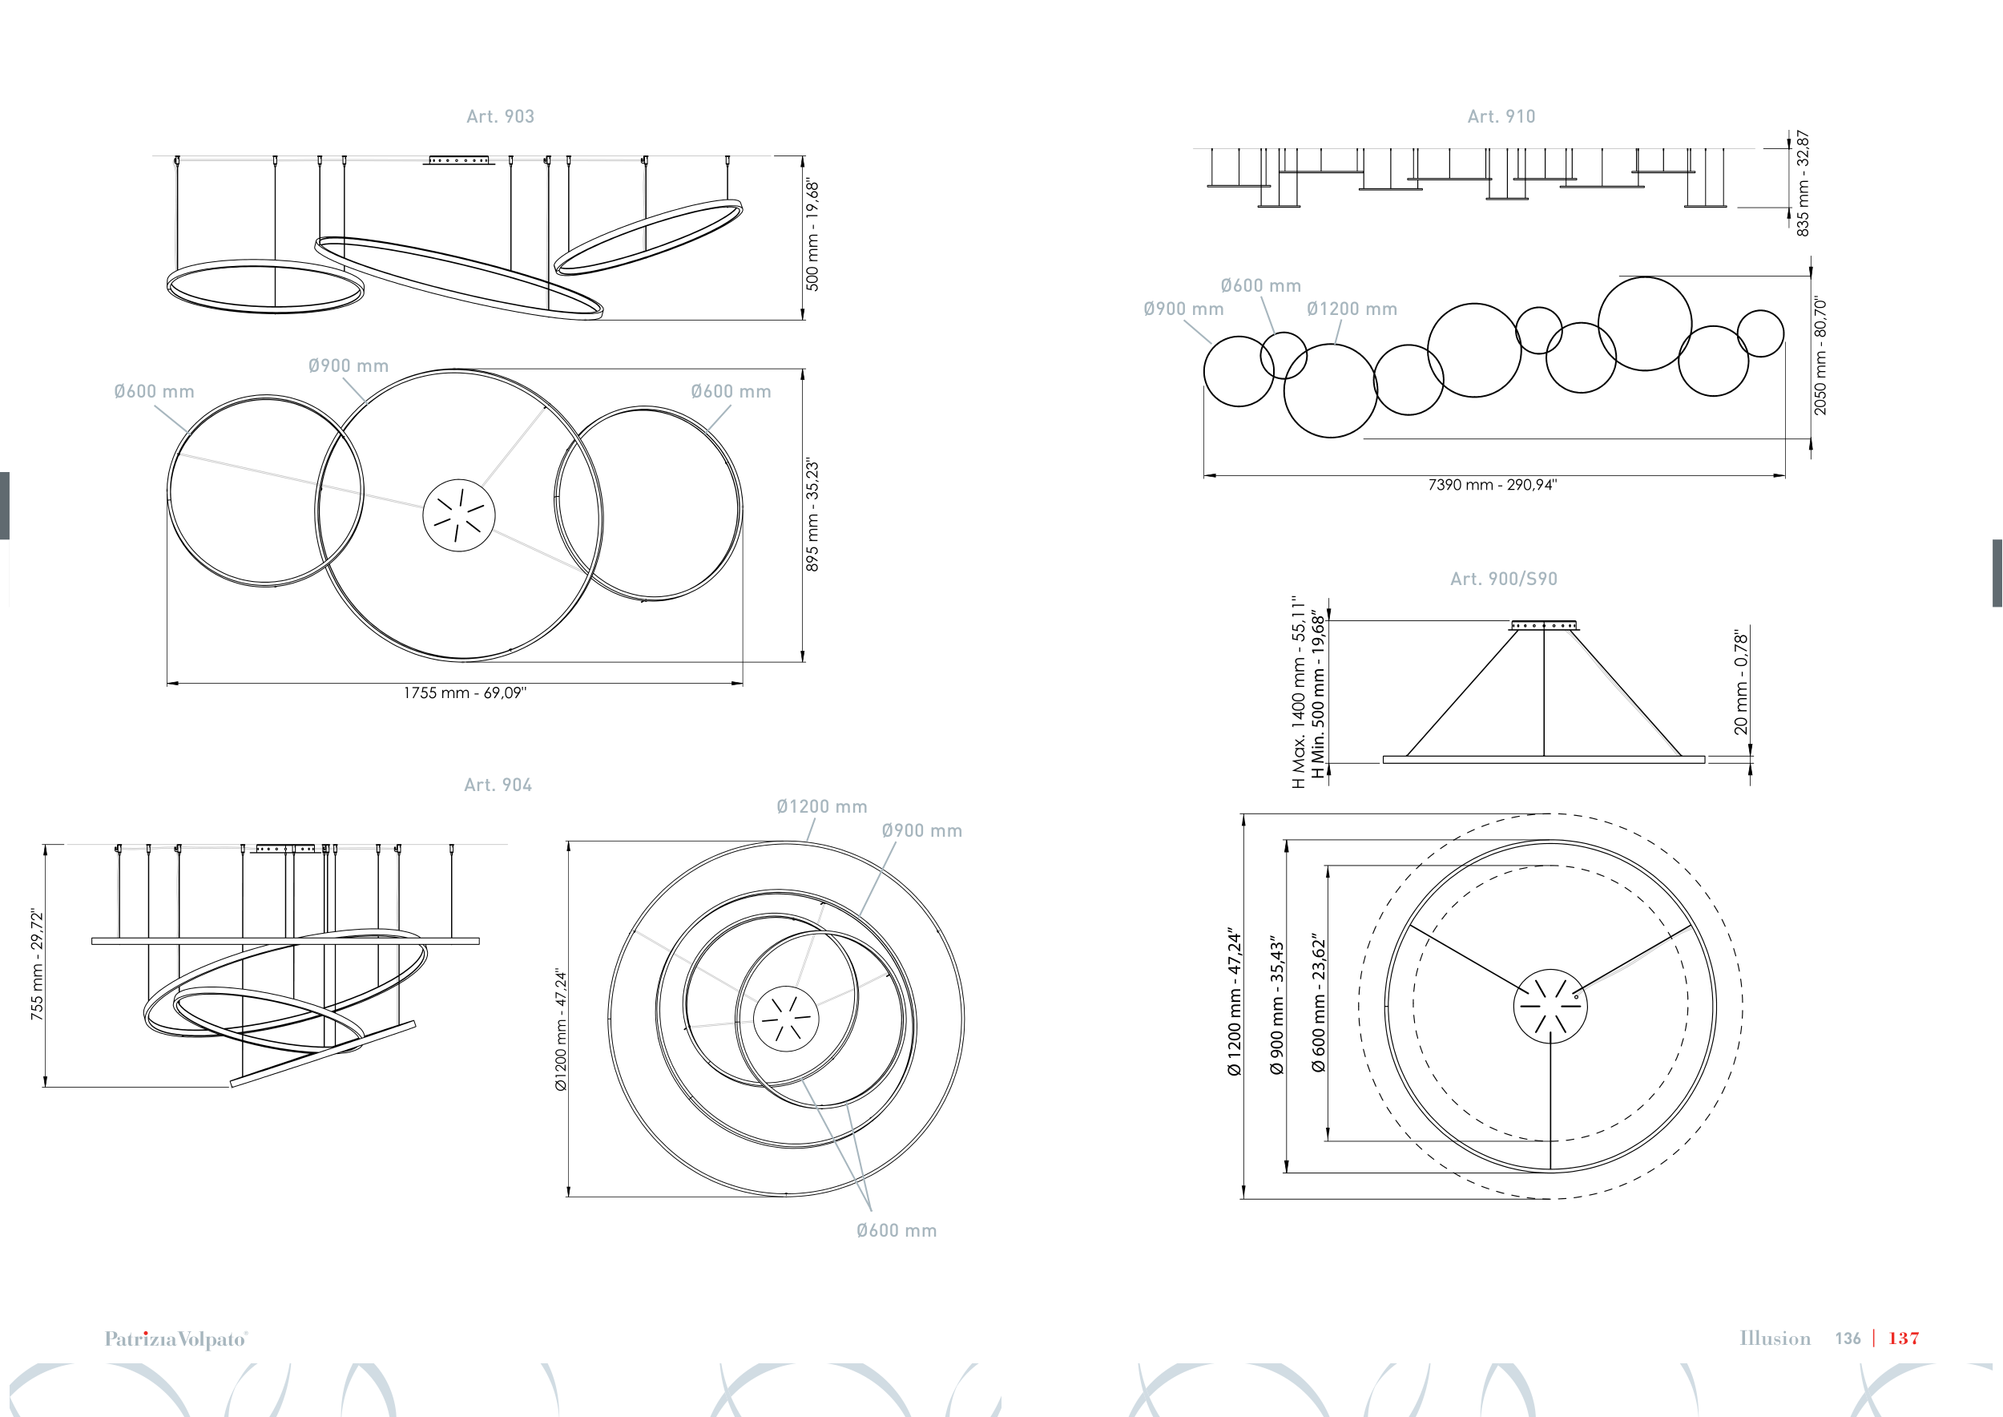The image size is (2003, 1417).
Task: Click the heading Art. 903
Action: click(500, 116)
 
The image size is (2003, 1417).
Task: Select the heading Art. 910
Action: click(1501, 116)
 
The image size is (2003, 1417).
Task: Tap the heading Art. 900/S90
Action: click(1503, 579)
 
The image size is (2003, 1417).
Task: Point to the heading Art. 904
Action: click(498, 785)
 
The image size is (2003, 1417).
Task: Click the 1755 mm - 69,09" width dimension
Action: click(464, 692)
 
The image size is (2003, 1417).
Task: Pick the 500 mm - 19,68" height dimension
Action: click(812, 236)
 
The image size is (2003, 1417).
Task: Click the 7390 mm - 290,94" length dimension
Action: click(1492, 484)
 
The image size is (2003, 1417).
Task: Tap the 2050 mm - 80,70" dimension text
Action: click(1820, 356)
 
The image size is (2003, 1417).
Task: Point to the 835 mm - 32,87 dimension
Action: click(1803, 184)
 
